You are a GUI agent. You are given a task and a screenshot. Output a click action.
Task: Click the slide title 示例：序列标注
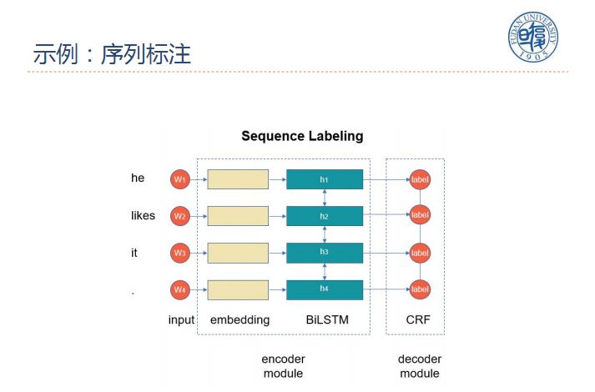(112, 55)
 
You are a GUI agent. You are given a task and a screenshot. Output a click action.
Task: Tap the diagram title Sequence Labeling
(302, 136)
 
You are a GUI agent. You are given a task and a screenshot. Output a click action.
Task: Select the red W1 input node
(180, 179)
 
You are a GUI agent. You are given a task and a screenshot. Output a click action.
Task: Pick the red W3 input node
(180, 253)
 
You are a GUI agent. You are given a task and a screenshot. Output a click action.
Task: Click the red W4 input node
(180, 289)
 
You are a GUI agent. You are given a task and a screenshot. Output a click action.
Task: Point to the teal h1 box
(325, 179)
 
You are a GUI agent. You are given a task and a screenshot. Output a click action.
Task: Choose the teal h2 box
(325, 216)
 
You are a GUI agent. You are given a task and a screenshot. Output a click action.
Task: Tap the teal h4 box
(325, 289)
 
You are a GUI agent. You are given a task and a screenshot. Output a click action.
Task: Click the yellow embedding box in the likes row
(238, 216)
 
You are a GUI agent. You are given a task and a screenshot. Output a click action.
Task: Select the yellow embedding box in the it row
(238, 253)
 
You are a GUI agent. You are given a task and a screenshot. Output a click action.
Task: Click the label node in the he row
(420, 179)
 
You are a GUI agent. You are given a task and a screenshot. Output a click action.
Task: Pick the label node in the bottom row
(420, 289)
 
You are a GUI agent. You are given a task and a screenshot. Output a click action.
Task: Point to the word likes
(143, 216)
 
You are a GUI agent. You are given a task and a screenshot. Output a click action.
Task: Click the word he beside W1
(138, 178)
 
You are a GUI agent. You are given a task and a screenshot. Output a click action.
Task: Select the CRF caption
(418, 319)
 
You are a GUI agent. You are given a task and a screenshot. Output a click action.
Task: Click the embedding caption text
(240, 319)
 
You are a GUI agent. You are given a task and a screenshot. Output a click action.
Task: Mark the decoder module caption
(419, 366)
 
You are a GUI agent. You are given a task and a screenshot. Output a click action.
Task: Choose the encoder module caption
(283, 366)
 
